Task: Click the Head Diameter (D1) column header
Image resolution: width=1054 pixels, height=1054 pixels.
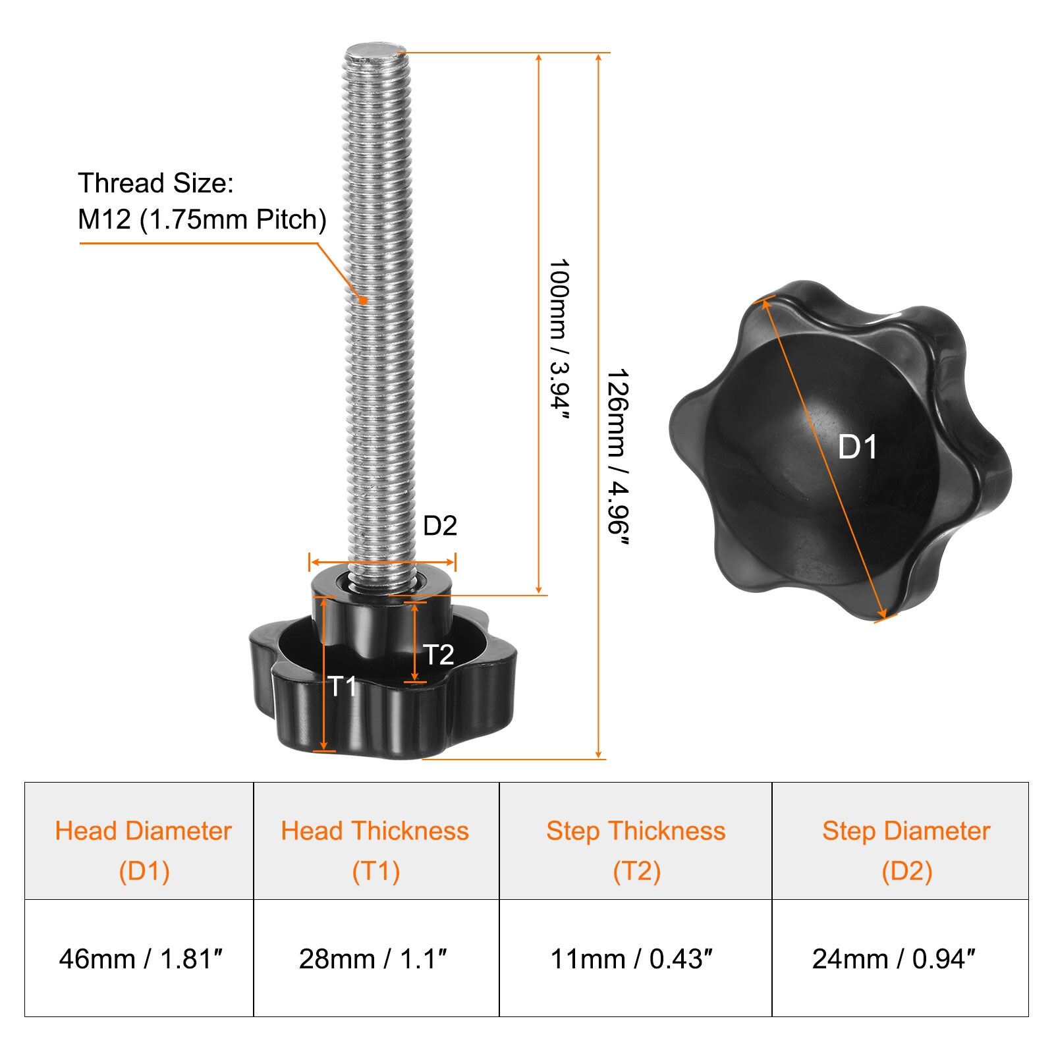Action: [139, 841]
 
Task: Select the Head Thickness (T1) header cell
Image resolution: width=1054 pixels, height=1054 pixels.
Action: [376, 841]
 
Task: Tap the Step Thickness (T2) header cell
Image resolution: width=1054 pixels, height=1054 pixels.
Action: [636, 841]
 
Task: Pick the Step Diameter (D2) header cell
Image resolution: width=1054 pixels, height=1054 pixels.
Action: [901, 841]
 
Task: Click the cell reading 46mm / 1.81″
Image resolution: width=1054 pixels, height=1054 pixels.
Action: [139, 958]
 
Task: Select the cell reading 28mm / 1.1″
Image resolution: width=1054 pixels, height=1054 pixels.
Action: [376, 958]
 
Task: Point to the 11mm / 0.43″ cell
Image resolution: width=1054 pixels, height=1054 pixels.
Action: [636, 958]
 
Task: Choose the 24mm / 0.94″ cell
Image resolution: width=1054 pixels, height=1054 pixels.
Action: [901, 958]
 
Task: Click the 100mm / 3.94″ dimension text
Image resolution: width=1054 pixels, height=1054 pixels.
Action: [559, 339]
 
